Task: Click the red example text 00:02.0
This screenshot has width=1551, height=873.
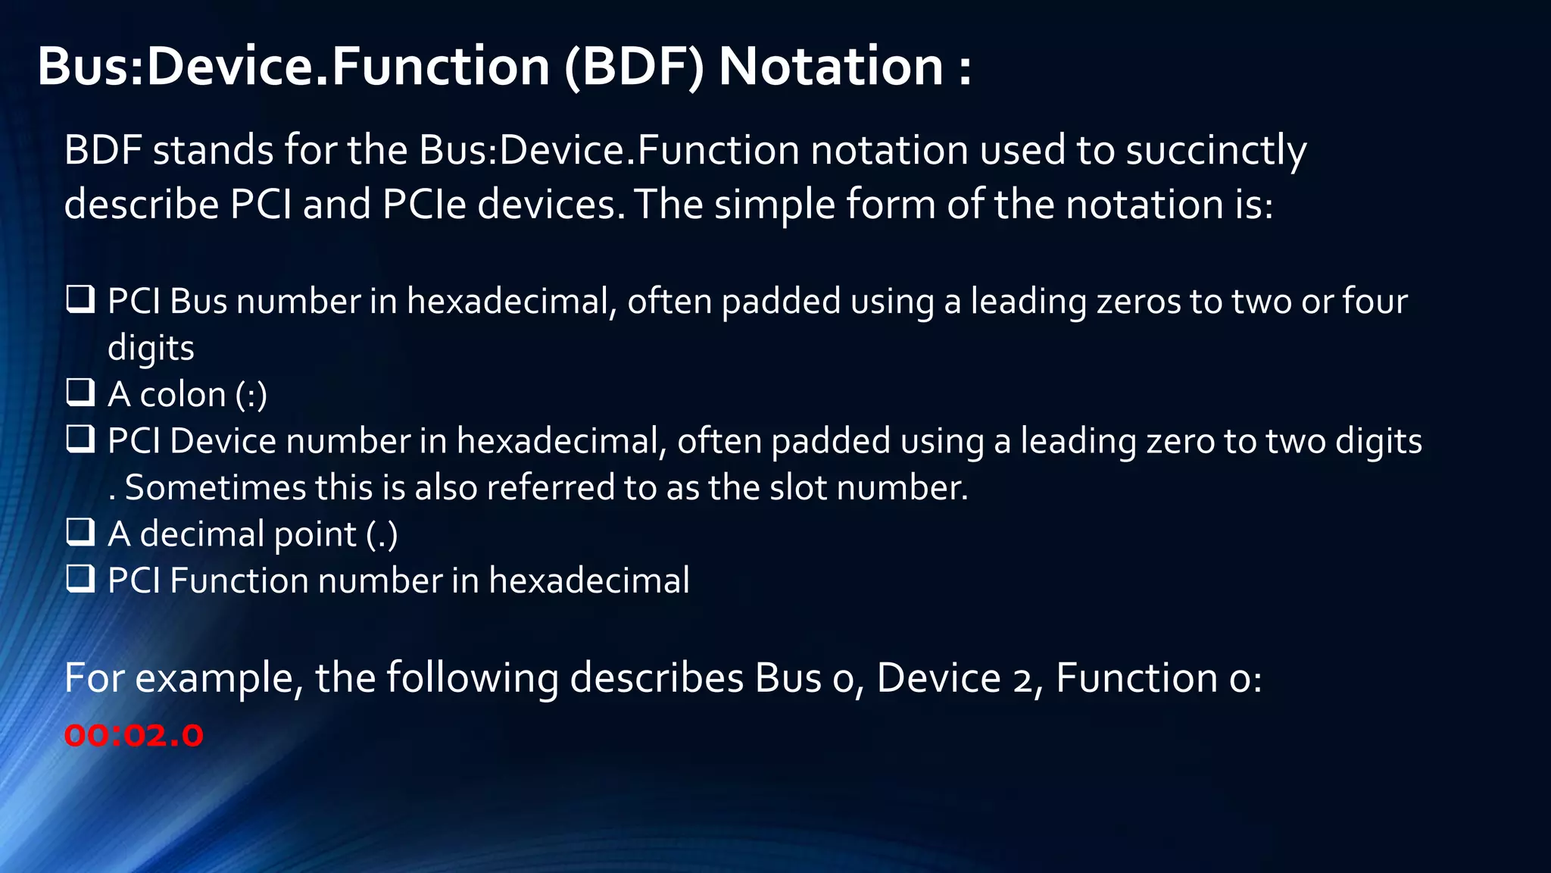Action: point(133,736)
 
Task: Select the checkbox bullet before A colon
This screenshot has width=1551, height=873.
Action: point(80,393)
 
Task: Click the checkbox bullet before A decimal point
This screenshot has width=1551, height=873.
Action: point(80,532)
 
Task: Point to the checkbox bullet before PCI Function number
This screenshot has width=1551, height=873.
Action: point(80,579)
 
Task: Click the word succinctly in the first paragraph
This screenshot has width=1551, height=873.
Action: point(1216,150)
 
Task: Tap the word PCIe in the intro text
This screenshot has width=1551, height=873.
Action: point(424,205)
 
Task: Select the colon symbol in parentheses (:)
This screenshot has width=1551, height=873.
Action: point(251,395)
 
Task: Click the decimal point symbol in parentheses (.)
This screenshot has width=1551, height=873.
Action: point(382,534)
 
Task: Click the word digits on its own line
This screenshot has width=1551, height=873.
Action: point(151,349)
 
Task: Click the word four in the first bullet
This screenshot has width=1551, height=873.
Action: point(1375,301)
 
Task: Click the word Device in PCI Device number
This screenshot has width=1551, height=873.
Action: point(216,441)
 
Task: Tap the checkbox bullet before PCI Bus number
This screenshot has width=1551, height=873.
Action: point(80,299)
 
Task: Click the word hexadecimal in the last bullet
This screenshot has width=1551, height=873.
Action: point(588,580)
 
